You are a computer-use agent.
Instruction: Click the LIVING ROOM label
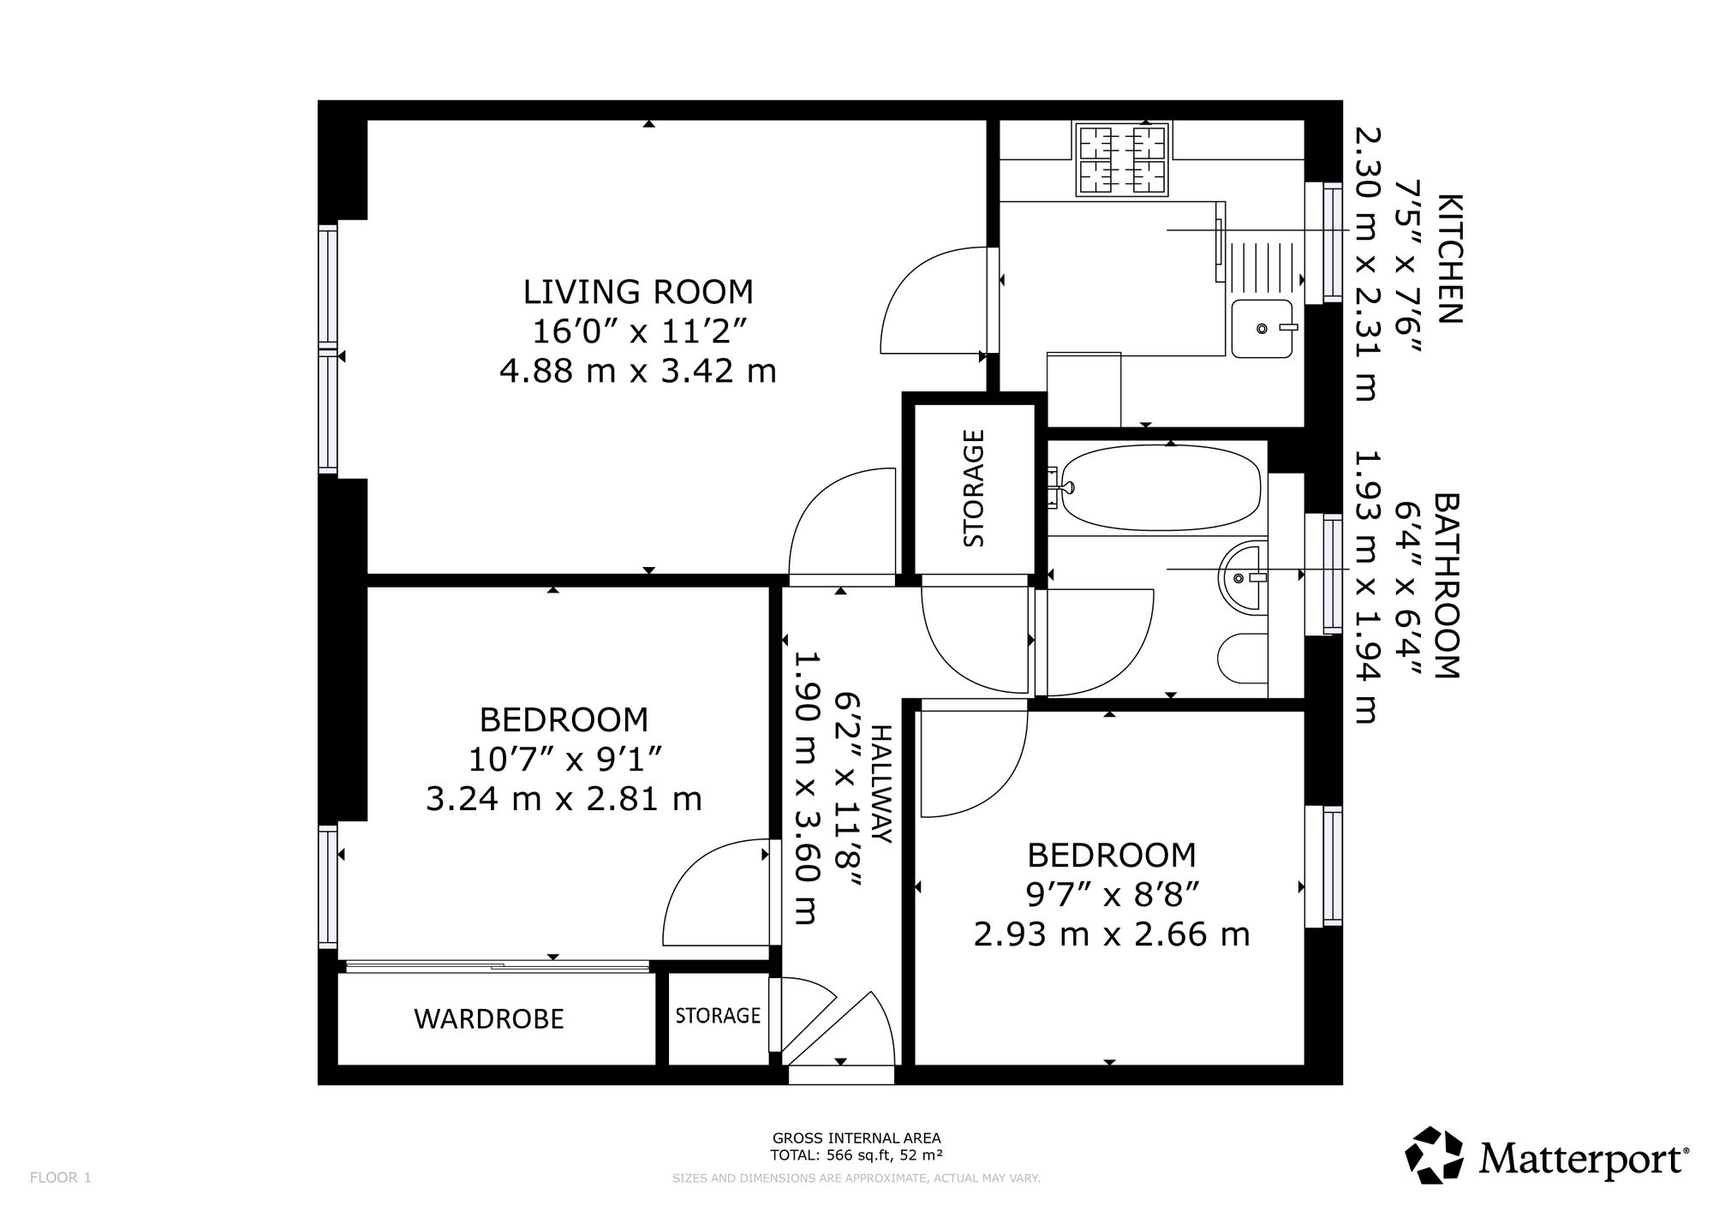pyautogui.click(x=638, y=292)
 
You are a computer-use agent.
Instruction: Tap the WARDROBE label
pyautogui.click(x=489, y=1019)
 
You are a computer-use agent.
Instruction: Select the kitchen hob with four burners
pyautogui.click(x=1123, y=160)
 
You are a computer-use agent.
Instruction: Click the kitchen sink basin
pyautogui.click(x=1262, y=328)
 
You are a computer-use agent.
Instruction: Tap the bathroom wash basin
pyautogui.click(x=1242, y=579)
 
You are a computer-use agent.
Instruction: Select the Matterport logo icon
pyautogui.click(x=1435, y=1156)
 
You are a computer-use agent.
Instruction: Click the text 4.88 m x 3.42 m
pyautogui.click(x=638, y=372)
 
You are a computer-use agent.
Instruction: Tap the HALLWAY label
pyautogui.click(x=882, y=784)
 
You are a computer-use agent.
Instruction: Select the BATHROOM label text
pyautogui.click(x=1447, y=586)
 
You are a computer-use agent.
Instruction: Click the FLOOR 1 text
pyautogui.click(x=60, y=1178)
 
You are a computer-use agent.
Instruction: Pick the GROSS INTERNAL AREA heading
pyautogui.click(x=856, y=1138)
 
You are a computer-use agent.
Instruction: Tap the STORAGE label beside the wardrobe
pyautogui.click(x=718, y=1016)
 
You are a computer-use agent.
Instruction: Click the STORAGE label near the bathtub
pyautogui.click(x=974, y=488)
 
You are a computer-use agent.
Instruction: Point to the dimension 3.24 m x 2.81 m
pyautogui.click(x=564, y=799)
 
